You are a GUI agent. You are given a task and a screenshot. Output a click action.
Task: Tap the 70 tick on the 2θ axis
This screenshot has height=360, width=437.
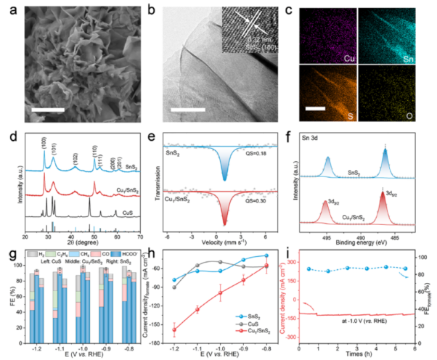(x=139, y=237)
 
